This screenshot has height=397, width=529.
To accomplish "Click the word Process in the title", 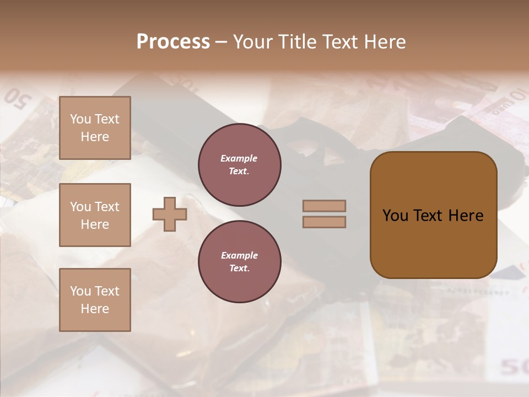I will [173, 42].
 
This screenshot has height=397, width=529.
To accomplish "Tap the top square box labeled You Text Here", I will [95, 128].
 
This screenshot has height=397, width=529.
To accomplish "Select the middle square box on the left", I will [95, 215].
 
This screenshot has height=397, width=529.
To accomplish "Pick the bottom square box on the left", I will [95, 300].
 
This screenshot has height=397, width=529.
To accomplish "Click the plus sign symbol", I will [170, 214].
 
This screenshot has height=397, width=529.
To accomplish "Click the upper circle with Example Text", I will [239, 165].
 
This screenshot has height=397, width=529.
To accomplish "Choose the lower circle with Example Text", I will [239, 262].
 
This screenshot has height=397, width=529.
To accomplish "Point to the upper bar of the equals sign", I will [325, 206].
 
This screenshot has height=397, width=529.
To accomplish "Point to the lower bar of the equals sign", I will [325, 222].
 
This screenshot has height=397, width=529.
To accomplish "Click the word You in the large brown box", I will [395, 216].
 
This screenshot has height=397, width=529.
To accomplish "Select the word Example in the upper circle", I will [239, 159].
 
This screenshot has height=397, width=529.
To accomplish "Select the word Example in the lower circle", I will [239, 256].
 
